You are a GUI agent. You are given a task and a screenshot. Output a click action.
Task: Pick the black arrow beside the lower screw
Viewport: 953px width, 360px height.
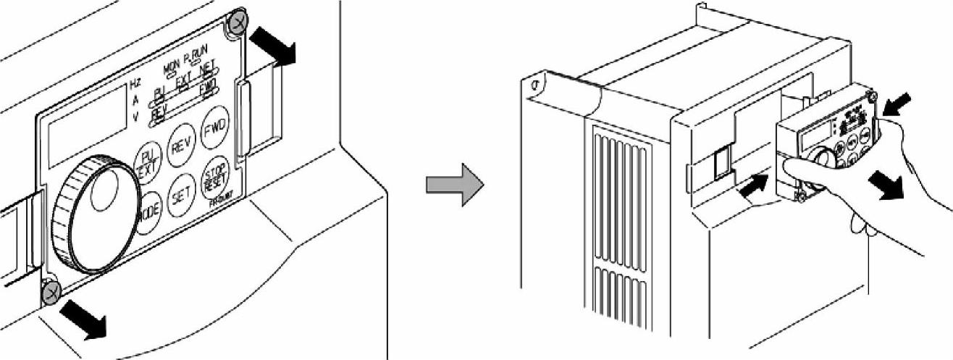coord(83,319)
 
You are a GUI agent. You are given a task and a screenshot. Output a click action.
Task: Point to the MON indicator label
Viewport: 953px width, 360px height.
coord(172,66)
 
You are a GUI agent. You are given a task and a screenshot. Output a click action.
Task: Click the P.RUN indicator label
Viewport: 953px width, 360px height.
coord(196,63)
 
